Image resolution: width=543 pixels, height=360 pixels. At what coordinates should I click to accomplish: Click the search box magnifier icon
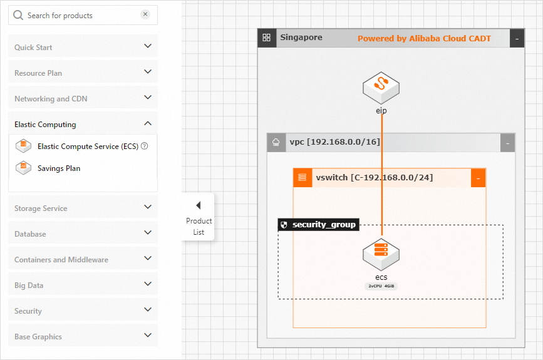tap(18, 15)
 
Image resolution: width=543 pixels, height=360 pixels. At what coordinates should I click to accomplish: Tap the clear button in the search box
tap(145, 14)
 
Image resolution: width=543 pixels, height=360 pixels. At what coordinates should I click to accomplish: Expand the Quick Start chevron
tap(148, 46)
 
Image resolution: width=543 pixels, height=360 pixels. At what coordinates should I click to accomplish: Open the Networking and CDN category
tap(51, 98)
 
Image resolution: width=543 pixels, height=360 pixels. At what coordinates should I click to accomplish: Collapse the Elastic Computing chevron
tap(148, 123)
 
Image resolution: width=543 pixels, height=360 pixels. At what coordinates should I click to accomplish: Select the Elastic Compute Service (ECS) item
tap(86, 146)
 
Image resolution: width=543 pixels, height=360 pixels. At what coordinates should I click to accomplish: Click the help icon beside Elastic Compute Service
tap(145, 146)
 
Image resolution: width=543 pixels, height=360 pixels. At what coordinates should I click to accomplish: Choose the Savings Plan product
tap(59, 168)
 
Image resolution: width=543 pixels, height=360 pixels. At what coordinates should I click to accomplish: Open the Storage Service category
tap(41, 208)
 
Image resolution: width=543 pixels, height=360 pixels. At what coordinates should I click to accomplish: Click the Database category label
tap(30, 234)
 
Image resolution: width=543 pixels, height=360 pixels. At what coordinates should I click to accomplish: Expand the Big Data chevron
tap(148, 284)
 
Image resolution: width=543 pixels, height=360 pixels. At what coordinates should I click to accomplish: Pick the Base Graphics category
tap(38, 336)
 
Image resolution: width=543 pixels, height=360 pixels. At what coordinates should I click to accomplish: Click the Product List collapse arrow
tap(199, 205)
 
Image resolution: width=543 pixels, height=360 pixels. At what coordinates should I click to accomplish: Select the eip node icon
tap(381, 88)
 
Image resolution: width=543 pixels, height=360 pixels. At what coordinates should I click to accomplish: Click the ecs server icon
tap(381, 253)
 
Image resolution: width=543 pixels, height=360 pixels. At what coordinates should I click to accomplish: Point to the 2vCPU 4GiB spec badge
tap(381, 286)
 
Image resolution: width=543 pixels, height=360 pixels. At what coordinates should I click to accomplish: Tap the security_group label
tap(323, 224)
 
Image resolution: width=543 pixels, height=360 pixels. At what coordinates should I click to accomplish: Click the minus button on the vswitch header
tap(477, 178)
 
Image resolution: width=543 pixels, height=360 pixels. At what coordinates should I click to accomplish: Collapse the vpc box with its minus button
tap(507, 143)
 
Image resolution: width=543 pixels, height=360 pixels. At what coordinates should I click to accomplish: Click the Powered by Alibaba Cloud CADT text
tap(424, 38)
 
